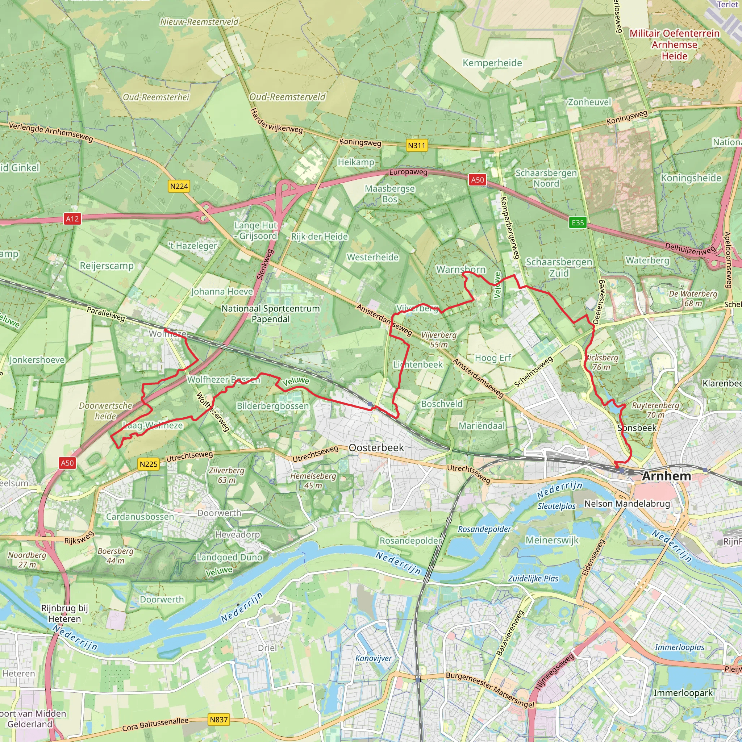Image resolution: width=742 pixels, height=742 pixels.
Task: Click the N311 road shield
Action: click(x=417, y=146)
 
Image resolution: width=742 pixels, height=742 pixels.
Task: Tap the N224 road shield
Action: click(x=179, y=186)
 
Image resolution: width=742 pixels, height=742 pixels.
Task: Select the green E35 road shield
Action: click(x=578, y=223)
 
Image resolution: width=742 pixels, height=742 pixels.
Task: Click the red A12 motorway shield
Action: click(x=72, y=219)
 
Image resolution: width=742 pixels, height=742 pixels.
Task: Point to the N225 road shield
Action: click(x=148, y=464)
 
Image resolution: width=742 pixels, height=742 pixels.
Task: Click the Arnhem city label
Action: click(x=666, y=476)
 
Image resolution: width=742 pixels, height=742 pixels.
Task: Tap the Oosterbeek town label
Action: click(x=376, y=447)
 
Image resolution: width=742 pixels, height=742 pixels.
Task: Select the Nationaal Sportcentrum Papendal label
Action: click(x=270, y=313)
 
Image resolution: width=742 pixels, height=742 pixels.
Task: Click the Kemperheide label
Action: click(x=492, y=63)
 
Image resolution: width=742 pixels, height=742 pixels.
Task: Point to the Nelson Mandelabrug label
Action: click(x=627, y=504)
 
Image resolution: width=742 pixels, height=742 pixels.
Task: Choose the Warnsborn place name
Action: click(x=461, y=270)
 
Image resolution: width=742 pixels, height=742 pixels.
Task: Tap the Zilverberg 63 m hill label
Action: click(x=226, y=475)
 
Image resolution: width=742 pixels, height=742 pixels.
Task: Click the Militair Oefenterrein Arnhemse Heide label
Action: click(x=674, y=45)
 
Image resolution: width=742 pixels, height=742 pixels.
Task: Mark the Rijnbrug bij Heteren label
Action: click(x=64, y=613)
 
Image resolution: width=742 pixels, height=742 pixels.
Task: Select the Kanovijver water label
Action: click(x=373, y=659)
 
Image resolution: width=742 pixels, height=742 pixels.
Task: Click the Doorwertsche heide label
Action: click(x=106, y=410)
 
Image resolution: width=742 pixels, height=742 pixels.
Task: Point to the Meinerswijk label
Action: click(x=552, y=540)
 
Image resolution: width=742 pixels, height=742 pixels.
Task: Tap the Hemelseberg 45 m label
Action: click(x=313, y=480)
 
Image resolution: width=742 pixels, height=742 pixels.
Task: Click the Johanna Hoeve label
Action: click(x=222, y=292)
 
